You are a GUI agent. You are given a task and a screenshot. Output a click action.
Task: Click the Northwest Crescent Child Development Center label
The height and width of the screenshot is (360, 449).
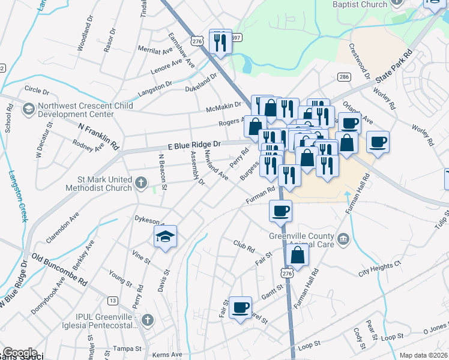pos(84,110)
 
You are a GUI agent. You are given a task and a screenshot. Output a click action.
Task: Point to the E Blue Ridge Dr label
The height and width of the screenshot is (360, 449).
pos(194,145)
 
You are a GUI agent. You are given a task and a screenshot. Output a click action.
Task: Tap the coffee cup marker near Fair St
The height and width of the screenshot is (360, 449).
pos(240,307)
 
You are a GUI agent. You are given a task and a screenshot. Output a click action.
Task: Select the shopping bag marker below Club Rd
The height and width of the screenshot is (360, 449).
pos(298,254)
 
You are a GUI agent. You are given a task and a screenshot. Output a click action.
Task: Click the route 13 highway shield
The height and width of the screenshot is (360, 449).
pos(112,300)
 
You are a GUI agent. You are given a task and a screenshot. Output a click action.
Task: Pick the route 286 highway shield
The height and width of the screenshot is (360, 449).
pos(344,77)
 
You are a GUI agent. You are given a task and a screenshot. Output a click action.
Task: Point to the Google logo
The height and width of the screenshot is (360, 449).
pos(19,353)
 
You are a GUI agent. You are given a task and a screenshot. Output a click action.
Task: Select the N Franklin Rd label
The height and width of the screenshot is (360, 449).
pos(99,136)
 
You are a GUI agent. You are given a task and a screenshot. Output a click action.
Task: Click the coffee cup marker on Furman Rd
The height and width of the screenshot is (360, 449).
pos(280,211)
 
